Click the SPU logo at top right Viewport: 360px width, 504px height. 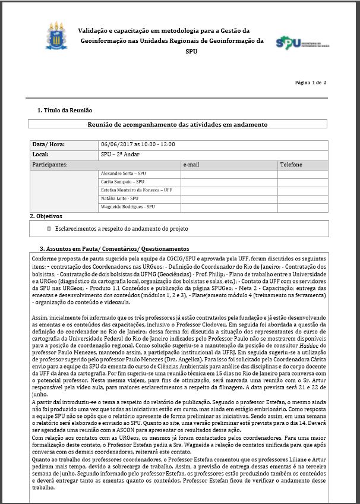click(x=302, y=43)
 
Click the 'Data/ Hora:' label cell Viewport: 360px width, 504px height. click(x=49, y=144)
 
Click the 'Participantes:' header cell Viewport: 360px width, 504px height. click(x=50, y=165)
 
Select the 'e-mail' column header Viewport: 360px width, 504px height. click(x=191, y=165)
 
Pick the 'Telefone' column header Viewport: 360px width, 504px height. click(x=291, y=165)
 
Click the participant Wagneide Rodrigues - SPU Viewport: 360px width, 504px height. click(x=128, y=207)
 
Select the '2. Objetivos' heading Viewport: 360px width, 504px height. click(x=46, y=216)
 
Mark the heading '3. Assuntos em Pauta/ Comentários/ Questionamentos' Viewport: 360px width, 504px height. click(x=114, y=249)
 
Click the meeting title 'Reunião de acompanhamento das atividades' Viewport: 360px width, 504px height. click(x=178, y=125)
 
